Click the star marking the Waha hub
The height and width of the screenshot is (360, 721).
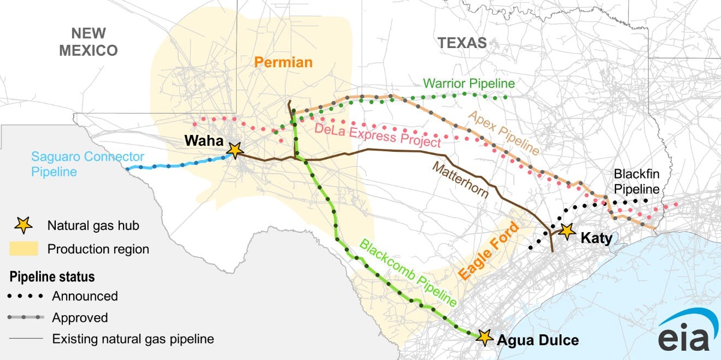click(235, 150)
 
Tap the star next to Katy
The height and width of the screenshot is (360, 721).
click(567, 231)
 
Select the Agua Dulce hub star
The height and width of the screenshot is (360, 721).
click(484, 337)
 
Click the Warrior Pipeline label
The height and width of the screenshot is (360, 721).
click(469, 84)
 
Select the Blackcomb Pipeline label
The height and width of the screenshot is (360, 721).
click(408, 272)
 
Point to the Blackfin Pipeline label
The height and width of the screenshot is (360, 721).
click(637, 181)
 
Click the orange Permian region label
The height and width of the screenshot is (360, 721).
click(283, 62)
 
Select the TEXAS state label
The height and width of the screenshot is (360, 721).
click(461, 43)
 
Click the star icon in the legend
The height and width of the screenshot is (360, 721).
click(24, 225)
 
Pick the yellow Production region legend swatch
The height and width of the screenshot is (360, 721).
click(24, 249)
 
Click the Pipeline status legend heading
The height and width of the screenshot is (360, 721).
click(52, 276)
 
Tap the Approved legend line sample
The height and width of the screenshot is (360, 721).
click(26, 317)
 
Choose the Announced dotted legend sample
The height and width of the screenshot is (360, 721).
click(26, 296)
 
